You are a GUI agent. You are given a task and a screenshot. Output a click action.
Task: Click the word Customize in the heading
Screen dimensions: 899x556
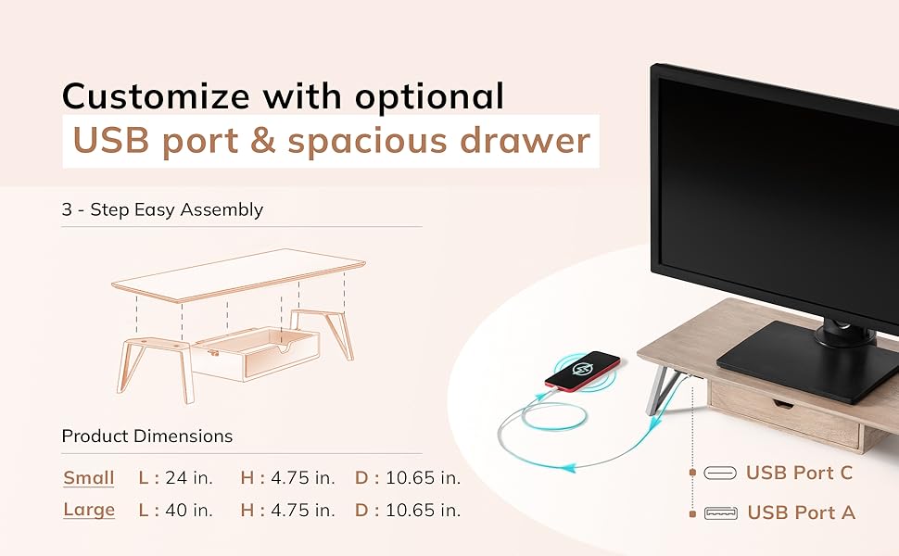point(156,95)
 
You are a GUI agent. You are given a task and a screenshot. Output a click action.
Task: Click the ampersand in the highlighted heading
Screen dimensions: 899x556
point(263,141)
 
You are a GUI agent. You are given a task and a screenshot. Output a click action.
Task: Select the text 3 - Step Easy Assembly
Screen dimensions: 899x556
point(162,209)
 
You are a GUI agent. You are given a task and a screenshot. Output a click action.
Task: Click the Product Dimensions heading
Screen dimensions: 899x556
point(146,436)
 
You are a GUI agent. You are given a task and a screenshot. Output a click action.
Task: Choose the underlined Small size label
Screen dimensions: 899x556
point(89,478)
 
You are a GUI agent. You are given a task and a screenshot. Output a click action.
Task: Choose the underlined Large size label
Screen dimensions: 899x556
point(89,511)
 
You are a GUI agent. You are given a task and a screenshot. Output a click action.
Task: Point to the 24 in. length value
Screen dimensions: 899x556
point(189,477)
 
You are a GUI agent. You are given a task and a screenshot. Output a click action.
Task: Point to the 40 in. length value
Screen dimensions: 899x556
point(189,511)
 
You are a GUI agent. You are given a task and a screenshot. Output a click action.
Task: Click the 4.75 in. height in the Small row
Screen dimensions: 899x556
point(303,477)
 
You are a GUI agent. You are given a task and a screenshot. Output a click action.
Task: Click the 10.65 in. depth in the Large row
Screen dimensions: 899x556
point(424,511)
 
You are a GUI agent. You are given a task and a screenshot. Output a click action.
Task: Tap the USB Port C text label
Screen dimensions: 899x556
point(799,473)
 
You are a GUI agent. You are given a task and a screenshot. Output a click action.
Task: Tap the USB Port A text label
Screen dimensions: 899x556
point(801,512)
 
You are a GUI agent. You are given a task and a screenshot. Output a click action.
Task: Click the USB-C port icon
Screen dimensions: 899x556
point(720,473)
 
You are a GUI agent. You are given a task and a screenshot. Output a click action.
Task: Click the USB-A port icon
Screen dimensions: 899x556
point(721,512)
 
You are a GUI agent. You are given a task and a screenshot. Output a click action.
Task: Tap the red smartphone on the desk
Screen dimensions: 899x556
point(582,371)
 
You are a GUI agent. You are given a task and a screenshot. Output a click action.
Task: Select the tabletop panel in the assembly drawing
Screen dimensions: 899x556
point(238,275)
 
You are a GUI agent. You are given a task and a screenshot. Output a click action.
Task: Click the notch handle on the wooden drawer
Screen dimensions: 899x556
point(782,403)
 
